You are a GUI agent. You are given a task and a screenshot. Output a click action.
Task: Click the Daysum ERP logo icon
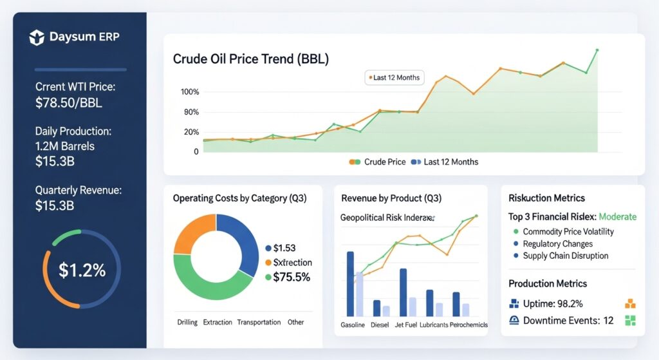(x=37, y=38)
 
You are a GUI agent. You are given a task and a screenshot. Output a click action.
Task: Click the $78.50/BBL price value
(x=69, y=103)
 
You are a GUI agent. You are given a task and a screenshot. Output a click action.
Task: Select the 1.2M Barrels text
(x=65, y=146)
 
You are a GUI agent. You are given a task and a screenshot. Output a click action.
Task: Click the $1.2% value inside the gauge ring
(x=82, y=270)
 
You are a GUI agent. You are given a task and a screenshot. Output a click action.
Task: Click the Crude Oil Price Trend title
(x=251, y=59)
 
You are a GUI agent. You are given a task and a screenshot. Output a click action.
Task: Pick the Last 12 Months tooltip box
(x=393, y=78)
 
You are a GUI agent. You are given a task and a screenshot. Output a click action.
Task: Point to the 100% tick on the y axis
(x=191, y=92)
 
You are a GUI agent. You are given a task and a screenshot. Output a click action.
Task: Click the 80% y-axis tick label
(x=191, y=113)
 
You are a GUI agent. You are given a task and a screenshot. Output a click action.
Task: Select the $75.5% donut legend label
(x=292, y=277)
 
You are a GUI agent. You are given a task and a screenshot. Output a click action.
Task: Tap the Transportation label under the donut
(x=259, y=322)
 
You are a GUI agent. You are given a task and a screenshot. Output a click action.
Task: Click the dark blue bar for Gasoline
(x=350, y=283)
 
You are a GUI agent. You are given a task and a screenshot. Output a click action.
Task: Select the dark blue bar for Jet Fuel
(x=403, y=292)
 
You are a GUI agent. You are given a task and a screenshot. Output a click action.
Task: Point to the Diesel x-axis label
(x=380, y=325)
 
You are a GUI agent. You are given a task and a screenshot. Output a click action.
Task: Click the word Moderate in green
(x=617, y=217)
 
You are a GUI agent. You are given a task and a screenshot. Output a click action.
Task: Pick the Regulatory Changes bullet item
(x=558, y=244)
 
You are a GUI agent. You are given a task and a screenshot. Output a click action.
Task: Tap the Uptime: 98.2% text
(x=556, y=303)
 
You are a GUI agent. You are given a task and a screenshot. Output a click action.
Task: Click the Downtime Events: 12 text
(x=568, y=321)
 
